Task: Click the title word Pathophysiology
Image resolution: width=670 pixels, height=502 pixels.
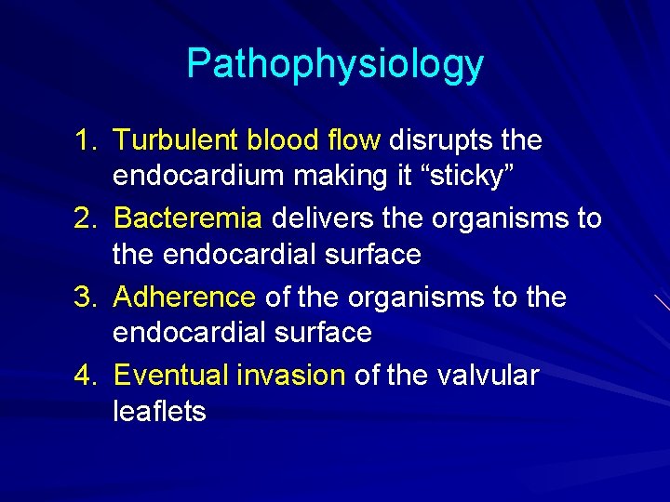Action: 335,64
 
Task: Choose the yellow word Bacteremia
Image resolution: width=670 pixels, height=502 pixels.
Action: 187,219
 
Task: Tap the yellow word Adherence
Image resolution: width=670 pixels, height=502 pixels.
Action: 184,297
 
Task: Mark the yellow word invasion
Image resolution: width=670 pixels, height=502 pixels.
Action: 291,376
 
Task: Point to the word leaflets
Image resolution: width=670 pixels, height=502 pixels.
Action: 159,410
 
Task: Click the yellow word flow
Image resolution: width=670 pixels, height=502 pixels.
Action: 354,141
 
